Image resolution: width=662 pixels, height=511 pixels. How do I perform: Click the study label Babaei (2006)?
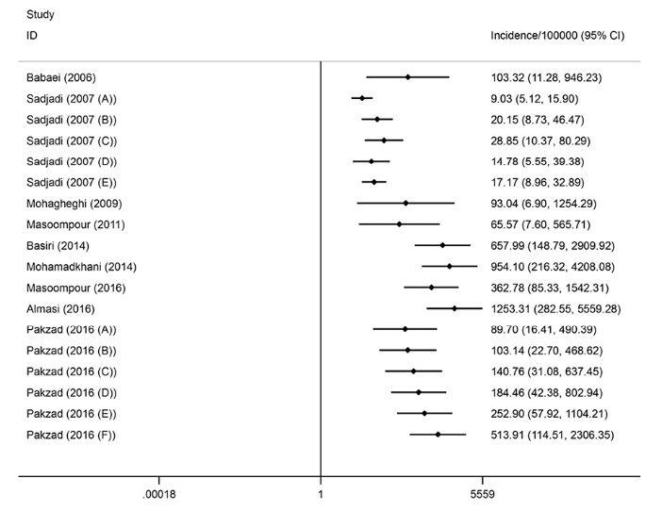tap(61, 77)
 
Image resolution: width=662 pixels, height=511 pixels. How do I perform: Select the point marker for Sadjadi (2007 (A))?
tap(361, 98)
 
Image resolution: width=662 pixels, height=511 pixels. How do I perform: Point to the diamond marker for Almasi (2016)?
tap(455, 308)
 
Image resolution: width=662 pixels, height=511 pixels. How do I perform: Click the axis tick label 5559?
tap(482, 492)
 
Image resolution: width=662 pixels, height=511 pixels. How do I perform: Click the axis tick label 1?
tap(322, 492)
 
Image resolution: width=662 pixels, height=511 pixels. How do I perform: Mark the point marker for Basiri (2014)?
tap(442, 245)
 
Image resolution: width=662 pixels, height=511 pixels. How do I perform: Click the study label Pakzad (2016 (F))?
tap(72, 434)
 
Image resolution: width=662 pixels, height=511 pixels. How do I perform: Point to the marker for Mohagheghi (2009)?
tap(405, 203)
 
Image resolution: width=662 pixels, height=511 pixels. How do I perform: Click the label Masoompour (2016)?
tap(76, 288)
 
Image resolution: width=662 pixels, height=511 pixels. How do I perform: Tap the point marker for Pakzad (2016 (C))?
tap(413, 371)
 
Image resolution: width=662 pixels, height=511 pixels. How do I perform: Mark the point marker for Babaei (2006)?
tap(407, 77)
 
